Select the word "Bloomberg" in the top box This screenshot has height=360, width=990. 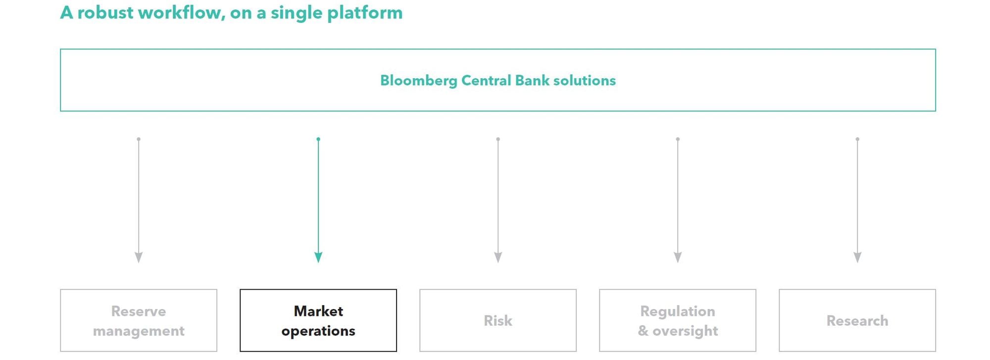419,81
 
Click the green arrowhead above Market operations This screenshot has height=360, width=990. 318,257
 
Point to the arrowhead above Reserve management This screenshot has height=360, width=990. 139,257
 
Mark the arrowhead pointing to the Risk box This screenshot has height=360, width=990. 498,257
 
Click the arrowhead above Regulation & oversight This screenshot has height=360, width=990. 678,257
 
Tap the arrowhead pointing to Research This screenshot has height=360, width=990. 857,257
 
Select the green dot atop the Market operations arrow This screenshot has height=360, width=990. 318,139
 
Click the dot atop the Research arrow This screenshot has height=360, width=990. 857,139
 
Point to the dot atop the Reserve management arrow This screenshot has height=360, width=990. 139,139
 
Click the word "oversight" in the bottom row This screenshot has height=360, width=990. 685,331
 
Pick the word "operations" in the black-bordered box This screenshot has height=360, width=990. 318,331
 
